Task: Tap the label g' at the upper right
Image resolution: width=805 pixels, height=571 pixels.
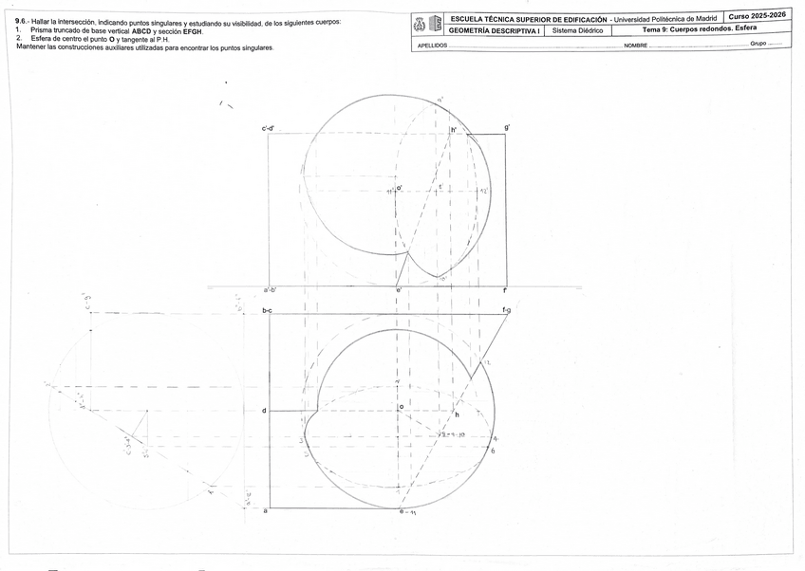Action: point(508,127)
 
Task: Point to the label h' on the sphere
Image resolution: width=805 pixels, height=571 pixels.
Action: point(454,130)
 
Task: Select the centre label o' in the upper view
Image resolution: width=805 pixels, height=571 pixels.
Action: point(400,189)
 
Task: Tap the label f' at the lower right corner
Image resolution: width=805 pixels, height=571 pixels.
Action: point(506,290)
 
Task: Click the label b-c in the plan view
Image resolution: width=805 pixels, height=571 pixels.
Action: point(268,311)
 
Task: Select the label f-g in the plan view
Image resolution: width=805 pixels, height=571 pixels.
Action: point(507,311)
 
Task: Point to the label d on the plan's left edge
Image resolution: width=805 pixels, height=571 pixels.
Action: point(264,411)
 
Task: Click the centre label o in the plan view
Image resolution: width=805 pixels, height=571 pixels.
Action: point(402,407)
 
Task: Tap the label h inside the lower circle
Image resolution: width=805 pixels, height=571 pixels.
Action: point(457,415)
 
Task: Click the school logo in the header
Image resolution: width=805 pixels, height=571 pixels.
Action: point(429,24)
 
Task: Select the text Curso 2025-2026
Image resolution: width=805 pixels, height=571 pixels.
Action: point(758,16)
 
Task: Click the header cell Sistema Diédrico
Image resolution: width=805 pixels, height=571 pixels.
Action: point(578,30)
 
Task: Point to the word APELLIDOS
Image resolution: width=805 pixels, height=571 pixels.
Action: point(433,46)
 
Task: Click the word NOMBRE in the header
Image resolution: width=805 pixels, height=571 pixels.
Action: point(636,46)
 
